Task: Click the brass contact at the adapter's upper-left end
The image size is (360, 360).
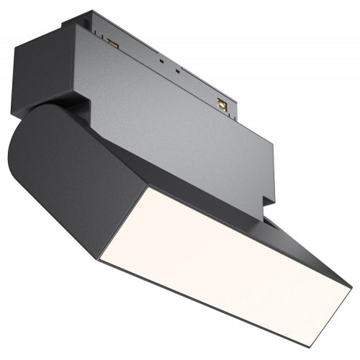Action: point(112,44)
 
